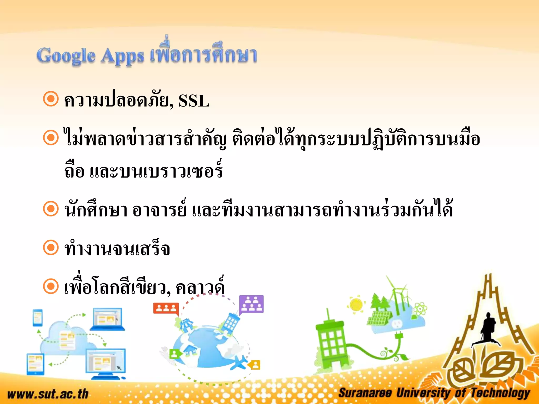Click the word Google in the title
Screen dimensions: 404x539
coord(66,56)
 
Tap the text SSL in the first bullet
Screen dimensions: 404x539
coord(194,101)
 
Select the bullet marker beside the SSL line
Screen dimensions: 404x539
coord(51,99)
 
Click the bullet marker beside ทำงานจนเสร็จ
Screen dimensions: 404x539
coord(51,248)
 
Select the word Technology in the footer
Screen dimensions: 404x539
coord(500,393)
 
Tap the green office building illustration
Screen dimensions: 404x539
coord(330,342)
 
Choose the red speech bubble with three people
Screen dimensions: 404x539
coord(166,308)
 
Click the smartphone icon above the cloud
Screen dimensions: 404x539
coord(38,317)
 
